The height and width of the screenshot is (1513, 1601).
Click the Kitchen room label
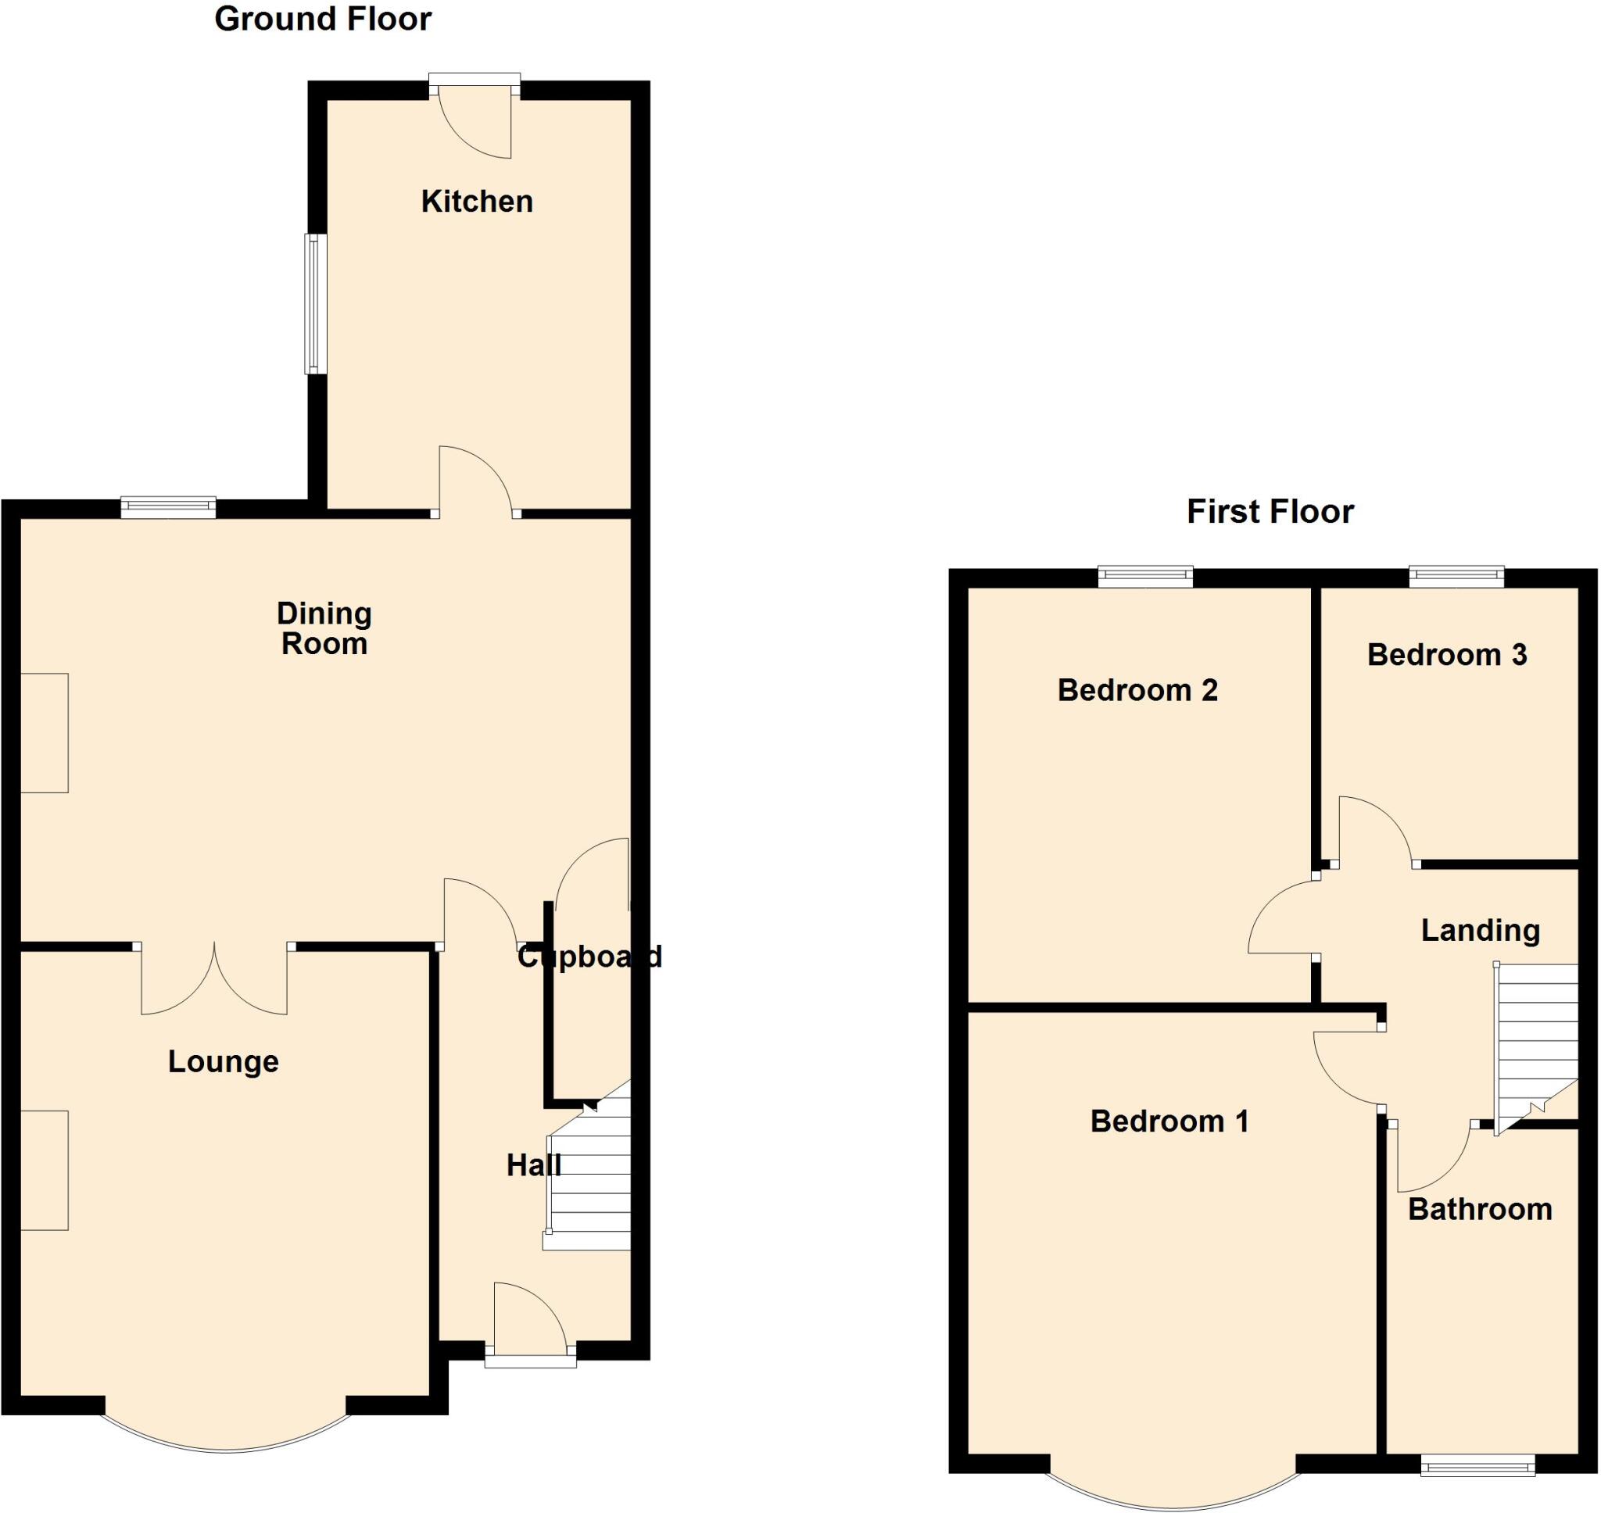477,202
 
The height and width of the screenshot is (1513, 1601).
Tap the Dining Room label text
324,628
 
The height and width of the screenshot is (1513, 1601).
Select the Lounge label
224,1061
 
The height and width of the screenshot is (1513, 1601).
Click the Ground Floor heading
323,20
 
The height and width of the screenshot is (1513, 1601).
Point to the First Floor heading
1270,512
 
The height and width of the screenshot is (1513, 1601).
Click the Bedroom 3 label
1446,655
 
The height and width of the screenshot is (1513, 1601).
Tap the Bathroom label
1479,1210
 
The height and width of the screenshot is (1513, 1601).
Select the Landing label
1480,931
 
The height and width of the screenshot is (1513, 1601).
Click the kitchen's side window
315,304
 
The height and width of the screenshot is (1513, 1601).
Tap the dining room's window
169,507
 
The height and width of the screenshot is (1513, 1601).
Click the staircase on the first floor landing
1537,1040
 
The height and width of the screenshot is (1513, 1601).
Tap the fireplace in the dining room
45,733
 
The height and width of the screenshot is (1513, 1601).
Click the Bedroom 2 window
1145,577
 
